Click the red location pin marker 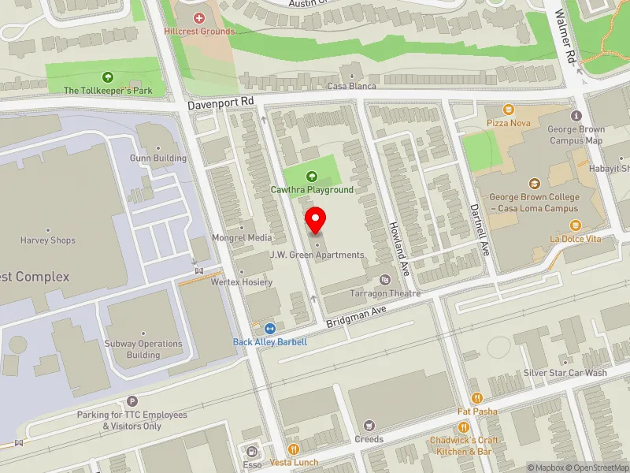coord(316,220)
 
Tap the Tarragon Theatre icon coord(384,280)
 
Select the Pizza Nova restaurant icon coord(508,110)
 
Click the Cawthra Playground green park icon coord(312,177)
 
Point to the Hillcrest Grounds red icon coord(198,17)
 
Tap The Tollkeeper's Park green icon coord(107,77)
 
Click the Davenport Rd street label coord(220,102)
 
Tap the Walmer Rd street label coord(566,37)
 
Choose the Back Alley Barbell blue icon coord(270,329)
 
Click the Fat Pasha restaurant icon coord(476,398)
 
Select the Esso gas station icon coord(252,452)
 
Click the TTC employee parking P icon coord(132,401)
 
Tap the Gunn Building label coord(158,158)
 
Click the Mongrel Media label coord(241,237)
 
